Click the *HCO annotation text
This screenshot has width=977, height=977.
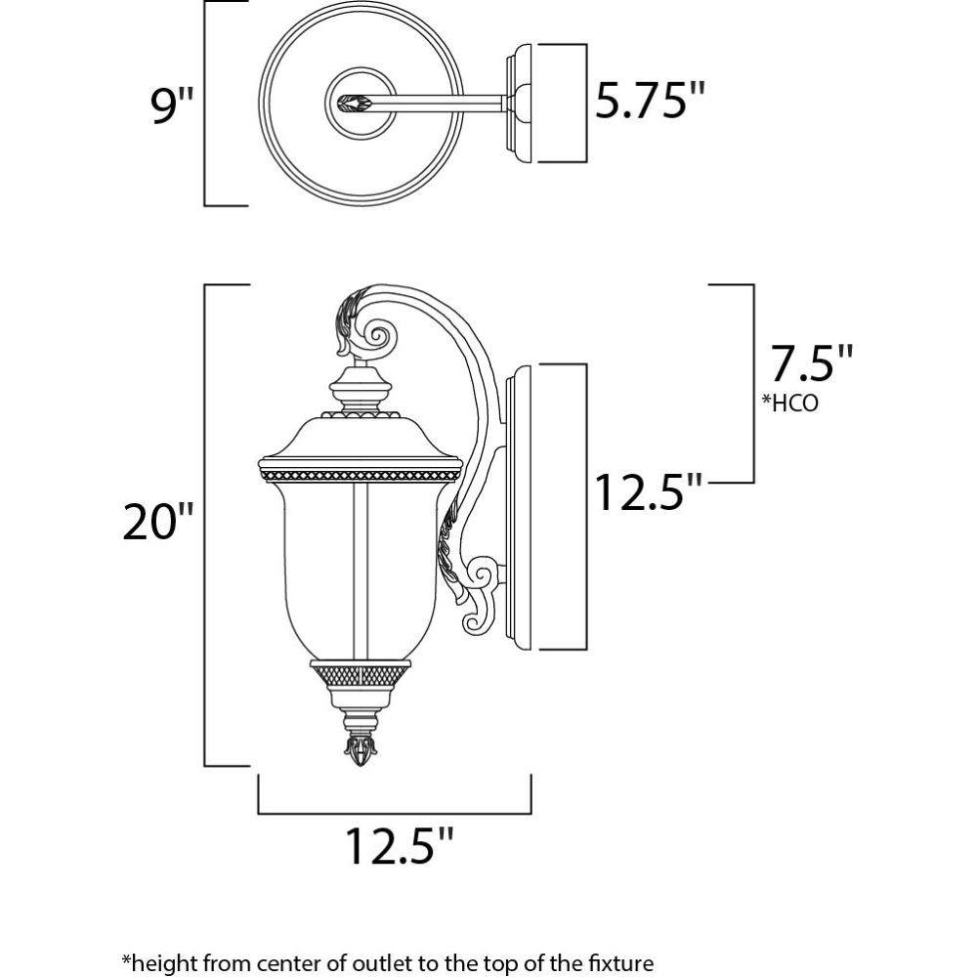tap(790, 404)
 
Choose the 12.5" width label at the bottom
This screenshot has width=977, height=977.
tap(399, 845)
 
